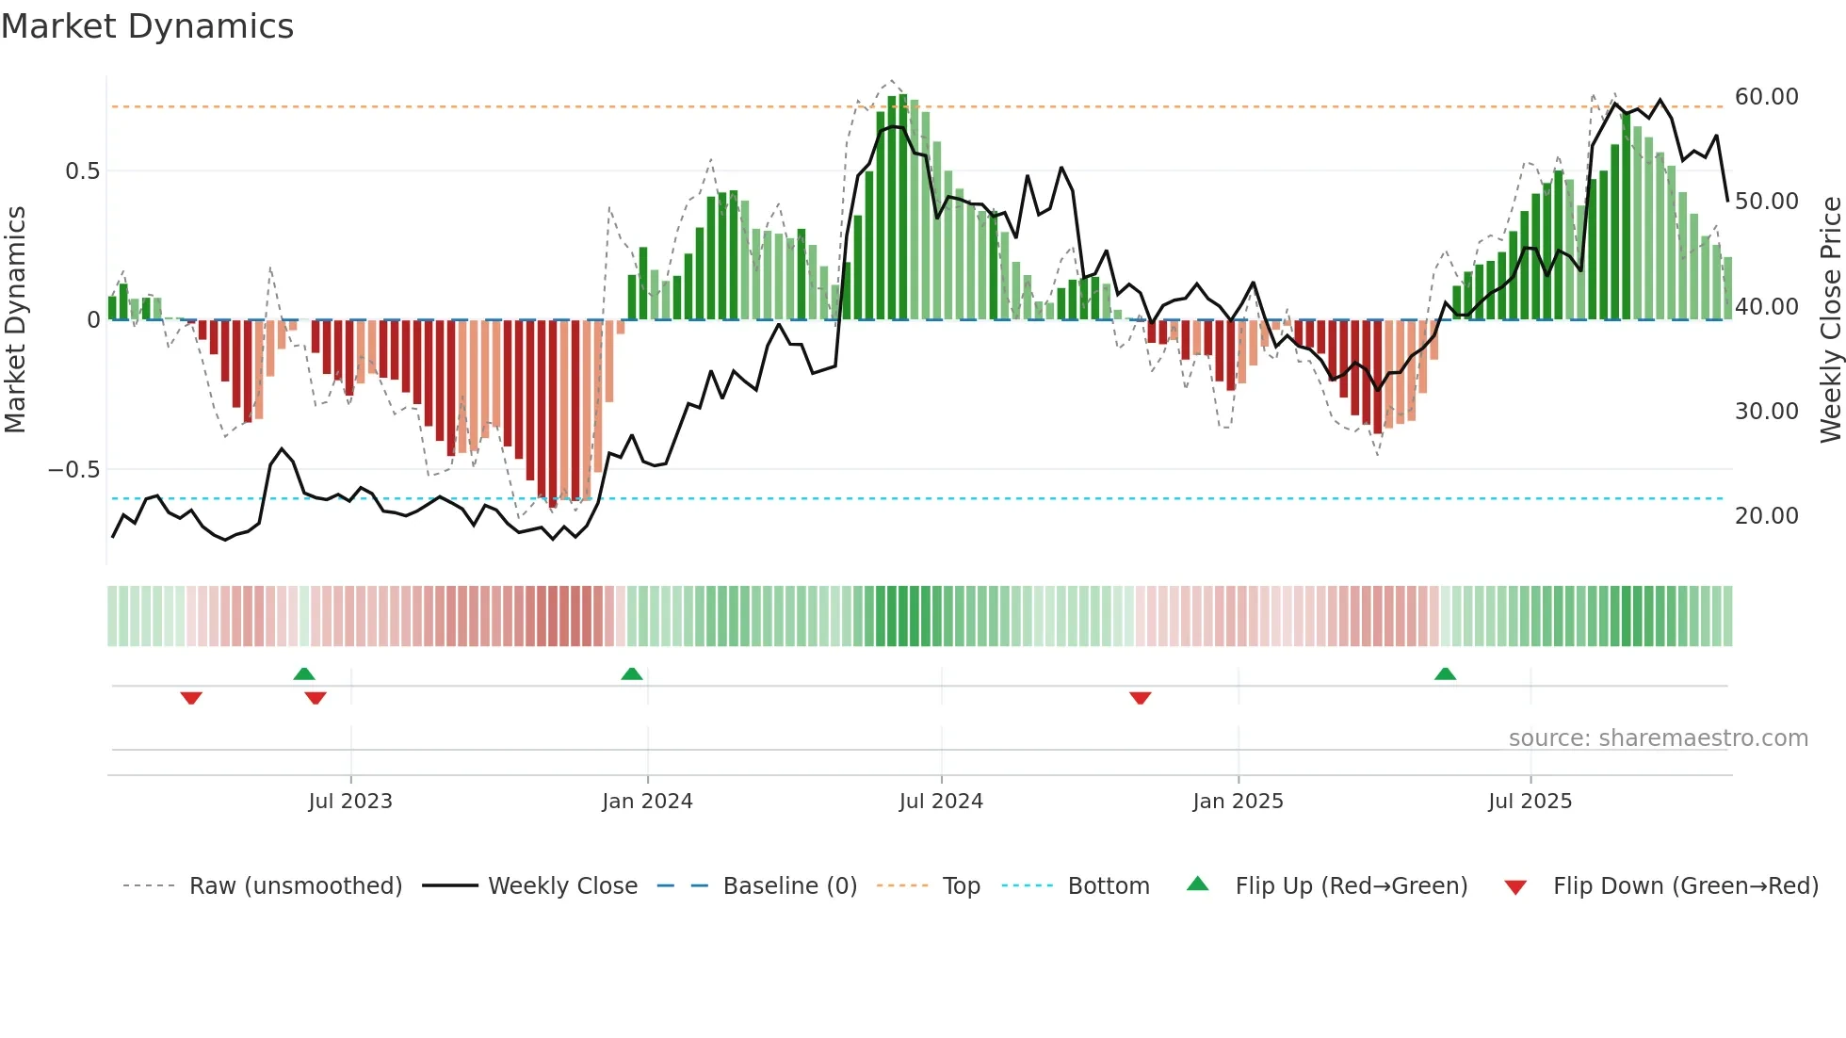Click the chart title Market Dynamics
147,26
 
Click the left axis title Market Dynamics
15,319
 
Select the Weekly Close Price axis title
1830,319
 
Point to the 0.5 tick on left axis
82,171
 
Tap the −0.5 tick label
73,470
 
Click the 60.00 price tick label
1766,97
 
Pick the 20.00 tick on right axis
1766,516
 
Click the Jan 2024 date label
647,802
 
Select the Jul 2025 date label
1530,802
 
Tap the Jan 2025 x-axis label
1238,802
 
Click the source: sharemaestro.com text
1658,738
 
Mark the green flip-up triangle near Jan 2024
632,674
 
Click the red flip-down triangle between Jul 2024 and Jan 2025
1140,698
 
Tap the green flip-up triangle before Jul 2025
1445,674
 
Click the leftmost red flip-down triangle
191,698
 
